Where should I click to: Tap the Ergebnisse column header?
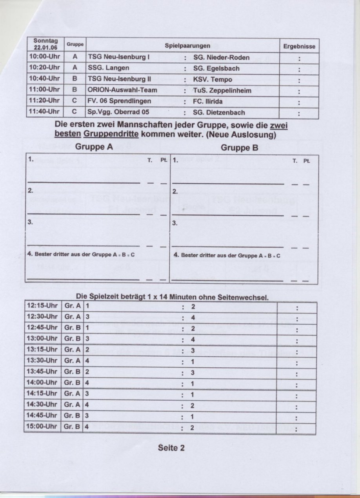click(299, 46)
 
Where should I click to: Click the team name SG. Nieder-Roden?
click(221, 58)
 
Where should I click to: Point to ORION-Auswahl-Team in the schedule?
click(122, 90)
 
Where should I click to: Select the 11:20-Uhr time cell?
click(44, 101)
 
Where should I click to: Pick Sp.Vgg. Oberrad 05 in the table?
click(119, 112)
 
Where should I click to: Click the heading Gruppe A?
click(94, 147)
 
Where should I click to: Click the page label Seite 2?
click(171, 447)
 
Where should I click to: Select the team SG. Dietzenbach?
click(219, 112)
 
